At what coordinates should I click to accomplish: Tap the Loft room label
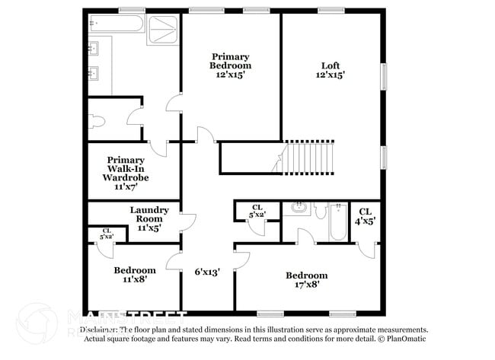click(x=330, y=70)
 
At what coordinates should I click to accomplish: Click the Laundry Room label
click(x=148, y=218)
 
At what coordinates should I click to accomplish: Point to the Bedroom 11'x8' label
click(x=135, y=275)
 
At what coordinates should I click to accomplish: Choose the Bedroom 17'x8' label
click(x=306, y=280)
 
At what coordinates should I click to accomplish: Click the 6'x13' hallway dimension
click(x=207, y=272)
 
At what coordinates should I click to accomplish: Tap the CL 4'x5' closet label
click(x=365, y=216)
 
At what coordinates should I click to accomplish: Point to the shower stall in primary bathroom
click(x=161, y=29)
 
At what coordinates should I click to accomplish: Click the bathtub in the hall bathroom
click(x=337, y=221)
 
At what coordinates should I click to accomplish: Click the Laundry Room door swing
click(x=188, y=221)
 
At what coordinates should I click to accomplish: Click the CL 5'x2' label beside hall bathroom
click(x=257, y=211)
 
